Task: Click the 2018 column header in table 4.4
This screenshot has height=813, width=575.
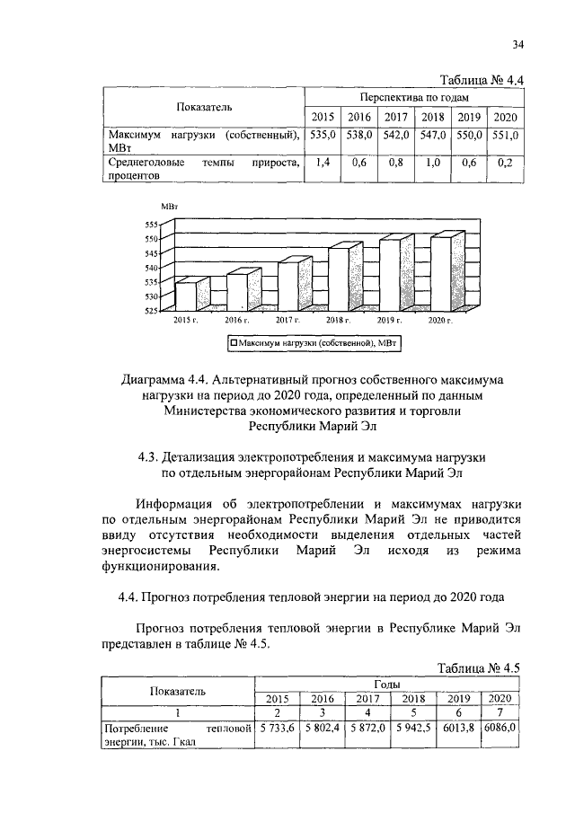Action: (433, 117)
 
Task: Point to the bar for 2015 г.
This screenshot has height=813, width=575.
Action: (186, 296)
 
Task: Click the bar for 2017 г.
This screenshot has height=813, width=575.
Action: (287, 286)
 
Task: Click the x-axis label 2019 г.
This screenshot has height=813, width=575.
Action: (389, 320)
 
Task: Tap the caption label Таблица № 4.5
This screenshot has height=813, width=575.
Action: (479, 668)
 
